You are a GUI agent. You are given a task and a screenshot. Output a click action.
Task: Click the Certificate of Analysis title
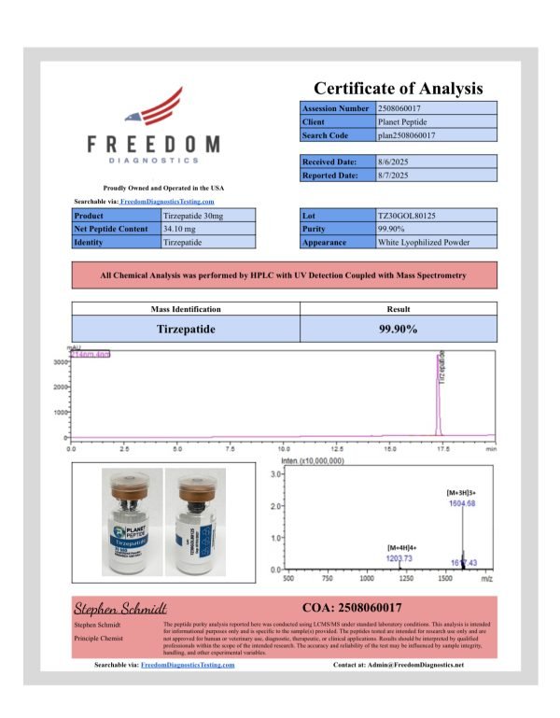click(x=398, y=89)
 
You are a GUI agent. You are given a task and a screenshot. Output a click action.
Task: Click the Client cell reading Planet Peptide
click(x=408, y=121)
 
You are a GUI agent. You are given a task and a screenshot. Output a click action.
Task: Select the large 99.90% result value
click(x=398, y=329)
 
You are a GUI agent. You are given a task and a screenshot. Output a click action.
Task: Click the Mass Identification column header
click(x=187, y=309)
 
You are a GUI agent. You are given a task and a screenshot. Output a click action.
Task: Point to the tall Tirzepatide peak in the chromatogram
click(x=438, y=392)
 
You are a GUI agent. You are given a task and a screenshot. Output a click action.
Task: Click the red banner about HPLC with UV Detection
click(x=285, y=275)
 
